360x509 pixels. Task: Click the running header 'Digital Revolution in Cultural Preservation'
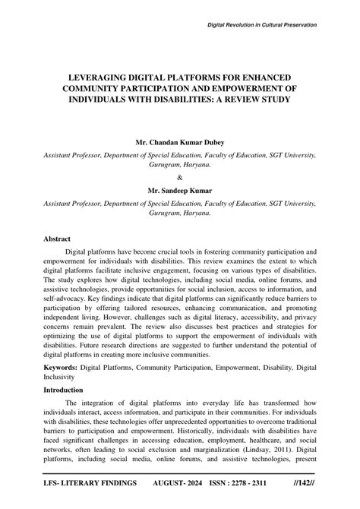point(262,25)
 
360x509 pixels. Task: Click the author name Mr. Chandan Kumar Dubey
point(179,142)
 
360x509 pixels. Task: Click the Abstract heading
point(58,237)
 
